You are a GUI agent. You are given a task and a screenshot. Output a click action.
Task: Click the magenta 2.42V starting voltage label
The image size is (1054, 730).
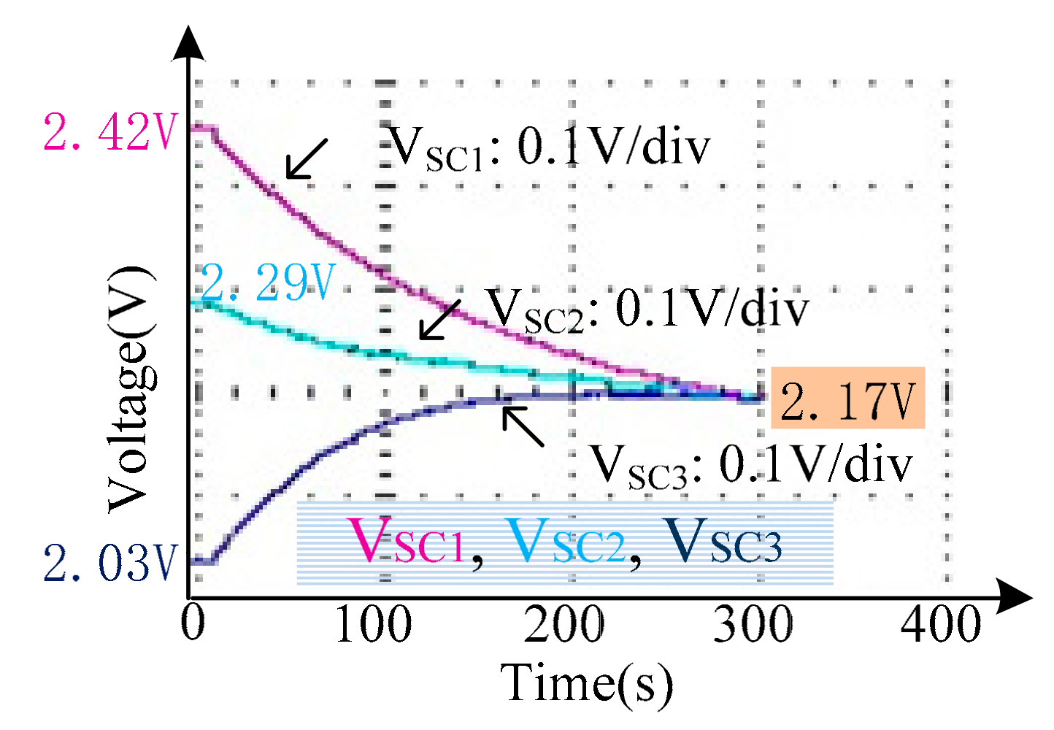point(109,132)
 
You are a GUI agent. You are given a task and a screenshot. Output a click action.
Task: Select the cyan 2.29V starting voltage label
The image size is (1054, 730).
point(267,283)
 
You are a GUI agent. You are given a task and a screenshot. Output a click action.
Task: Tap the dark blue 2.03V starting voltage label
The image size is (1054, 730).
point(109,563)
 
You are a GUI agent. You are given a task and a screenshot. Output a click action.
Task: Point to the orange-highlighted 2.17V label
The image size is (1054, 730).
point(847,399)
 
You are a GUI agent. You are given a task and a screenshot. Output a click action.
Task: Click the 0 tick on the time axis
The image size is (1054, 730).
point(193,624)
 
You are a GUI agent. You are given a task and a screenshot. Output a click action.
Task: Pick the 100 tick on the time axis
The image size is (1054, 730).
point(373,624)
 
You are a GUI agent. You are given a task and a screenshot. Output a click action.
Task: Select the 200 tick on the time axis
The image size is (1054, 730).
point(563,624)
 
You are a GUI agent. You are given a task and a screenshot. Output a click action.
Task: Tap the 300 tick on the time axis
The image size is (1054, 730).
point(753,624)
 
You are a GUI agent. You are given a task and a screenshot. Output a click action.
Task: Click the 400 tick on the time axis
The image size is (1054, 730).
point(941,624)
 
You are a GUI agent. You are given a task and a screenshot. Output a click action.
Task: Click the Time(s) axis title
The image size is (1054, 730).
point(587,683)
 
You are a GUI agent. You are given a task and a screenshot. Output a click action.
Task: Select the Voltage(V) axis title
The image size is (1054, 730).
point(131,390)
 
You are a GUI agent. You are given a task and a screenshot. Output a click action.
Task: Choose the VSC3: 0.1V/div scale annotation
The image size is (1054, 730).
point(751,465)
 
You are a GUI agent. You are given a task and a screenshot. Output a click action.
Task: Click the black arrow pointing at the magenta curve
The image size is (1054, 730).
point(306,159)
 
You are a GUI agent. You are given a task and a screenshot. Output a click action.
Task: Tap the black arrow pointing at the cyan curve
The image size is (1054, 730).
point(439,320)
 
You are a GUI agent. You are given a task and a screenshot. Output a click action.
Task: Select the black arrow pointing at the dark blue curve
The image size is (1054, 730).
point(523,426)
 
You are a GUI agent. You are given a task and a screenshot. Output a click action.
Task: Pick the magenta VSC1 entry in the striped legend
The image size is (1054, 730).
point(406,542)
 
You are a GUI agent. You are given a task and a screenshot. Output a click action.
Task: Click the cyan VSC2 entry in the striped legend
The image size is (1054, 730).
point(566,542)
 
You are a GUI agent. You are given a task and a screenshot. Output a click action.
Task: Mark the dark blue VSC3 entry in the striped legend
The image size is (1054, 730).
point(723,542)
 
